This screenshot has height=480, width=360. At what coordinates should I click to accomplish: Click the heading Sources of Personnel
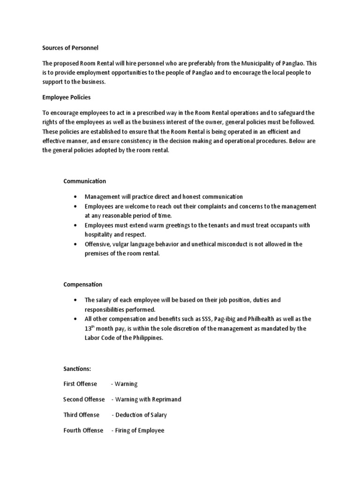coord(70,48)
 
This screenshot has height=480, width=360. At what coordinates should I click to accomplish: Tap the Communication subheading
coord(84,181)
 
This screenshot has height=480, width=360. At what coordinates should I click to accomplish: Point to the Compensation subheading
coord(82,285)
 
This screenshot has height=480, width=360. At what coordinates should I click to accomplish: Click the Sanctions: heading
coord(77,369)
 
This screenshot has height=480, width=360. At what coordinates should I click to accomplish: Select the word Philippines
coord(146,338)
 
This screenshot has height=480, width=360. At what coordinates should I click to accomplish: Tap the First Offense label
coord(80,384)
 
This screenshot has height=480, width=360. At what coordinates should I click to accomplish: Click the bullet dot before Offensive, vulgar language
coord(75,244)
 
